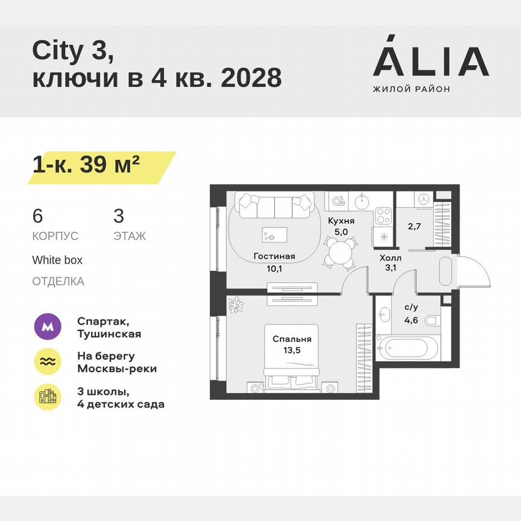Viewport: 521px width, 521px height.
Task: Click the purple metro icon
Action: tap(47, 327)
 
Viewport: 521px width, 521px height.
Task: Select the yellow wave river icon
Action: tap(47, 362)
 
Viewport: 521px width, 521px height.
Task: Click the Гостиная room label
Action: tap(274, 256)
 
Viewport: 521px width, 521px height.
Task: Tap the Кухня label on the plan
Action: tap(341, 221)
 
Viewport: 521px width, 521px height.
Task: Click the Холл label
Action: tap(390, 257)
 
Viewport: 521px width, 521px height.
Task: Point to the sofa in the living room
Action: tap(275, 206)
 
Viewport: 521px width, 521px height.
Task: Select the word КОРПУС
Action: tap(55, 236)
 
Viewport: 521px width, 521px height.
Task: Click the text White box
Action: tap(57, 260)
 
